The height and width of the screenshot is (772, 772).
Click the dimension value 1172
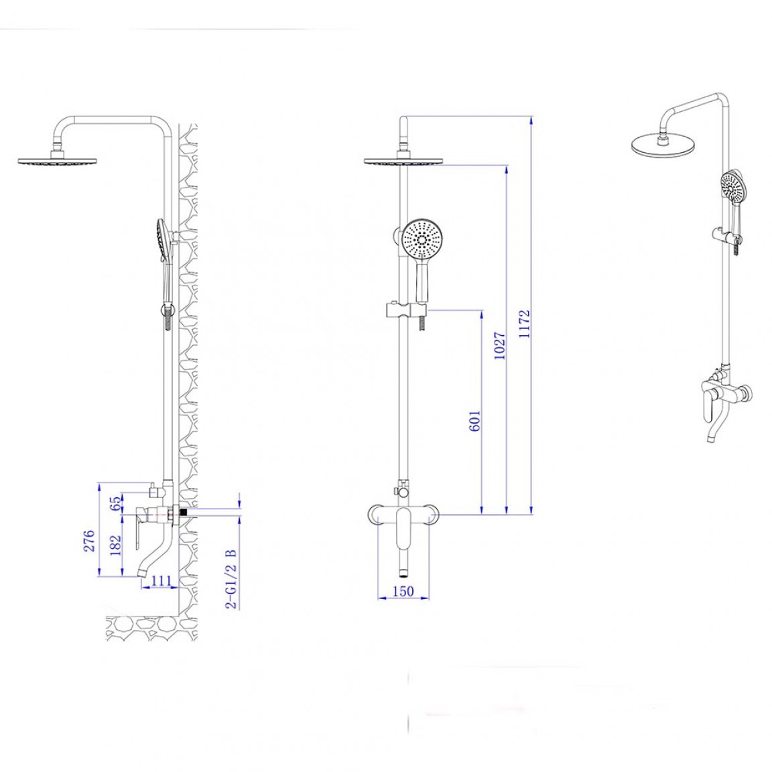pyautogui.click(x=524, y=323)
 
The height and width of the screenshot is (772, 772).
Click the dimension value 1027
pyautogui.click(x=499, y=346)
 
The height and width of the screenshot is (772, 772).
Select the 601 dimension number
pyautogui.click(x=475, y=421)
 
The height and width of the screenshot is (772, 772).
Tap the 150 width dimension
pyautogui.click(x=403, y=591)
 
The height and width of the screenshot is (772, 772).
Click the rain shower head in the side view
pyautogui.click(x=58, y=161)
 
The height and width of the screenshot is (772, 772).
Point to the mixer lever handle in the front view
pyautogui.click(x=403, y=528)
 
